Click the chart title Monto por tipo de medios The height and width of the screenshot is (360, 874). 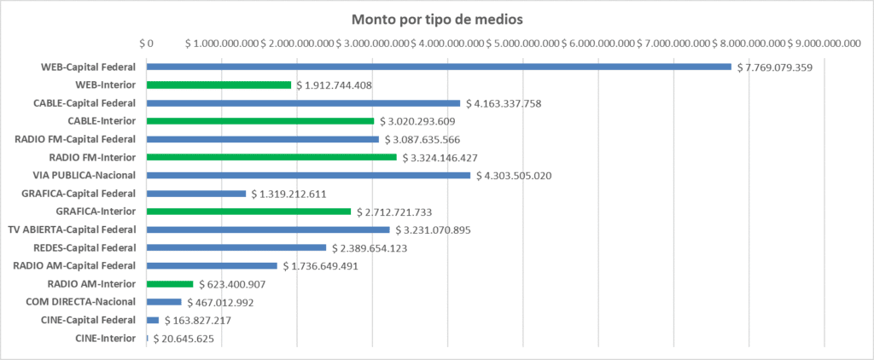pyautogui.click(x=437, y=19)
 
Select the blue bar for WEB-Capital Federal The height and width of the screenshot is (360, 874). pyautogui.click(x=439, y=67)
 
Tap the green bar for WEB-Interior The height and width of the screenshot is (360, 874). pyautogui.click(x=218, y=85)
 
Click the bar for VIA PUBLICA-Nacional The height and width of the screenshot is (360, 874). pyautogui.click(x=308, y=176)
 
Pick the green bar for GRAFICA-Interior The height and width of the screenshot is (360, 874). pyautogui.click(x=248, y=212)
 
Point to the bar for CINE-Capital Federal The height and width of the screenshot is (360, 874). pyautogui.click(x=153, y=320)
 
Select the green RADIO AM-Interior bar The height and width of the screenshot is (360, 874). pyautogui.click(x=170, y=284)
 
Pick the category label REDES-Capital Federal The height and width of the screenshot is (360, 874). pyautogui.click(x=82, y=247)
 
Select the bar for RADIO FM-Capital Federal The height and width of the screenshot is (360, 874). pyautogui.click(x=262, y=139)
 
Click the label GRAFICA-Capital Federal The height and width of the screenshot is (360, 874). pyautogui.click(x=79, y=194)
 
